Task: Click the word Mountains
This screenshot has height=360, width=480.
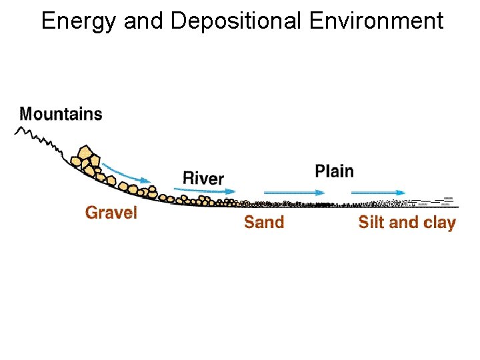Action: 61,113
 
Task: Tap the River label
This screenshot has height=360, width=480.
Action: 203,178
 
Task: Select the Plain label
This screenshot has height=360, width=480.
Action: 334,171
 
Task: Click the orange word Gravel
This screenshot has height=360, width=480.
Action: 111,213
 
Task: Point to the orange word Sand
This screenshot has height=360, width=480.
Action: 264,222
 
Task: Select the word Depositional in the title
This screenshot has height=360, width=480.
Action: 237,21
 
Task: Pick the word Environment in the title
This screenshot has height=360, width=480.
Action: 376,21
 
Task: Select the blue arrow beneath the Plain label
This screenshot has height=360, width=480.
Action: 293,192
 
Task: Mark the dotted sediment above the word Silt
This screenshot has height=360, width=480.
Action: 377,202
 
